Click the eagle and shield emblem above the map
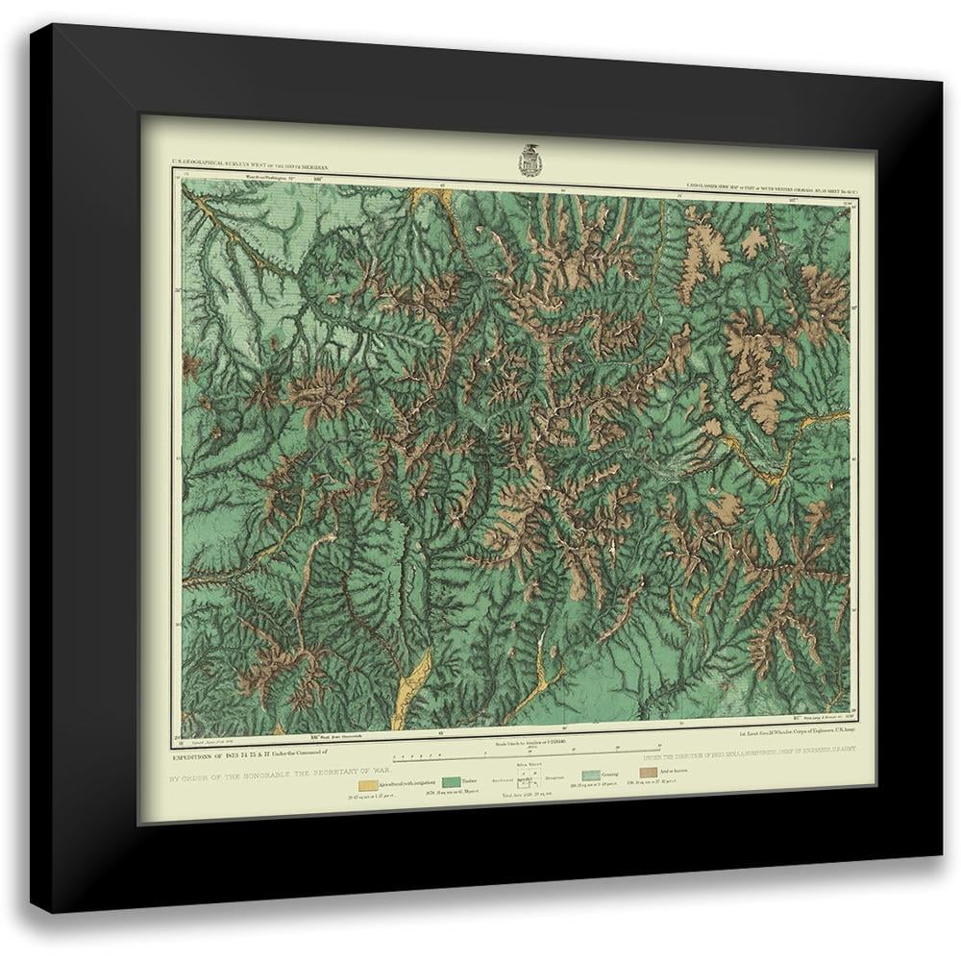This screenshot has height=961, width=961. (x=529, y=160)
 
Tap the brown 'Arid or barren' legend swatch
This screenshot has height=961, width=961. (x=649, y=771)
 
